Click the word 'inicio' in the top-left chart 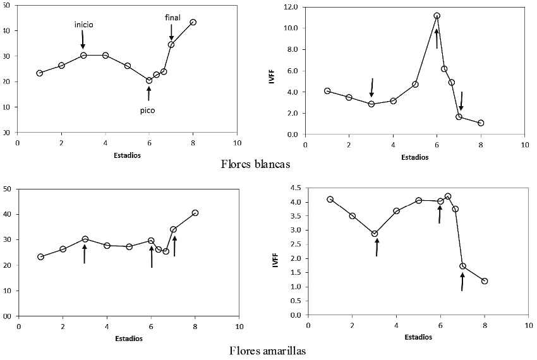[84, 25]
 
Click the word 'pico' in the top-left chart [147, 110]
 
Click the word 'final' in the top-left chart [172, 18]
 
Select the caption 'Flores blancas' [255, 165]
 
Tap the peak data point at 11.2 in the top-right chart [437, 16]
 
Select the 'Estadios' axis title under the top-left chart [127, 155]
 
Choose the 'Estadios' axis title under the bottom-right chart [418, 337]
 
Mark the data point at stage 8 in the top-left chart [193, 22]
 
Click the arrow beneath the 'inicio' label [83, 40]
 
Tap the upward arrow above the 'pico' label [149, 93]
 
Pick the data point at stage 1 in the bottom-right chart [330, 200]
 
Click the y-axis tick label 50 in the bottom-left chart [8, 188]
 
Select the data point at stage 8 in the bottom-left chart [195, 213]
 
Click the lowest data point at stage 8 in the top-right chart [481, 123]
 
